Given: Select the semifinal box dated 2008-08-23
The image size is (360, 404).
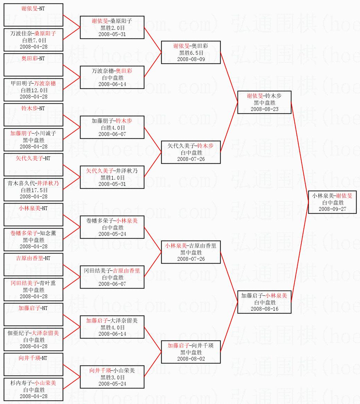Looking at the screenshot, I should pos(264,102).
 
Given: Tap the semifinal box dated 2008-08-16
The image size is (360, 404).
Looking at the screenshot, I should pos(264,302).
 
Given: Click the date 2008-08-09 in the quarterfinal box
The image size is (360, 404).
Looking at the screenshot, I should pos(191,59).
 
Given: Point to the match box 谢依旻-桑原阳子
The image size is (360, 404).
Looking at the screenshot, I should pos(112,27).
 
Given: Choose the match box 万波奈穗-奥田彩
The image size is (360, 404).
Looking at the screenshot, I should pos(112,77).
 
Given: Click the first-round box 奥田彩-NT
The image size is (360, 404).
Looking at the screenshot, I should pos(33,65).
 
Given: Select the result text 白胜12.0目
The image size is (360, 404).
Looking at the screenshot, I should pos(34,90).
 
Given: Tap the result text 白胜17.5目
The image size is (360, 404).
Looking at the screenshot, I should pos(34,190).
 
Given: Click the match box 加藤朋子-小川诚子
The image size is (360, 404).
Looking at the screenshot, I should pos(33,140).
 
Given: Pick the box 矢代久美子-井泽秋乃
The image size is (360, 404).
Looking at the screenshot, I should pos(112,177).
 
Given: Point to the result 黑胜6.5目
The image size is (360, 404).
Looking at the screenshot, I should pos(191,53).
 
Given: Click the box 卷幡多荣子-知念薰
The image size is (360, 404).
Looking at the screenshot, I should pos(33,240).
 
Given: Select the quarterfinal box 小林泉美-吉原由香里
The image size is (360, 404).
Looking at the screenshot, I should pos(191,252).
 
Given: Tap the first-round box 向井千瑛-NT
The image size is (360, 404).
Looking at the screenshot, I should pos(33,364).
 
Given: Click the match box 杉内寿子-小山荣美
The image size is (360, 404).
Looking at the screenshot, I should pos(33,389).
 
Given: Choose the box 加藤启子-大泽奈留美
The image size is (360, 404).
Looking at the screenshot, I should pos(112,327).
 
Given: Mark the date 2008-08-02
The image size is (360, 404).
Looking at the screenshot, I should pos(191,359).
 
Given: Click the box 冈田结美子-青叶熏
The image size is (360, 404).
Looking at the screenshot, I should pos(33,290).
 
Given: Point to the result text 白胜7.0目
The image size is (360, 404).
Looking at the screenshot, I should pos(34,40).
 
